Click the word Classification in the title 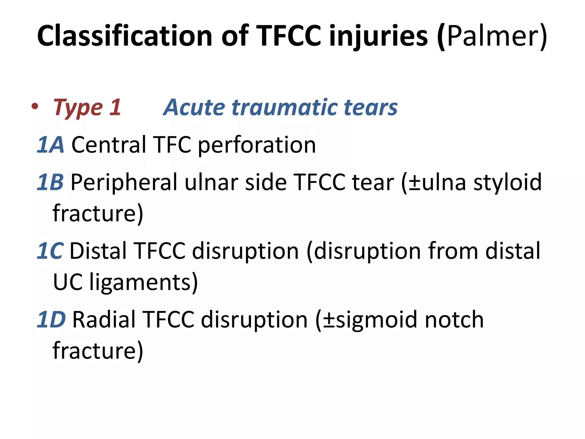[125, 36]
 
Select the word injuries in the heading [378, 36]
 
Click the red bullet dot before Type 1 [35, 107]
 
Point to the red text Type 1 [87, 107]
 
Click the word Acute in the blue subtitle [194, 107]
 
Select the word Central [109, 145]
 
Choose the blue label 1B [50, 182]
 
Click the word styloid [507, 182]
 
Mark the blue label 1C [50, 251]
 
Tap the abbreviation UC [68, 282]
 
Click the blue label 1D [51, 320]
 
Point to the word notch [454, 320]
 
